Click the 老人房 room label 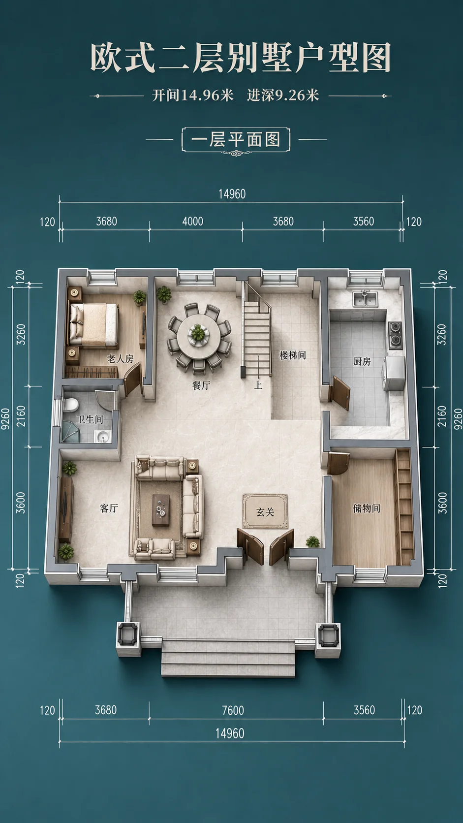120,359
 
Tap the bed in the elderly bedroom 93,325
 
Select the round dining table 199,335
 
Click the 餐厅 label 201,385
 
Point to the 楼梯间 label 293,355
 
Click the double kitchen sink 365,299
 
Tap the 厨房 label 362,361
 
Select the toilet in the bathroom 70,405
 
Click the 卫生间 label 90,419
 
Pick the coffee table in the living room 161,510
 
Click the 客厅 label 109,508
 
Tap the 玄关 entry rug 265,511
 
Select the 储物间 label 367,508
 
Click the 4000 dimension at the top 193,222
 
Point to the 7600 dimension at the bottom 233,710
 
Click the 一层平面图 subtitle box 236,140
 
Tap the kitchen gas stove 395,334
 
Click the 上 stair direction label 258,385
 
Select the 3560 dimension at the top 364,222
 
